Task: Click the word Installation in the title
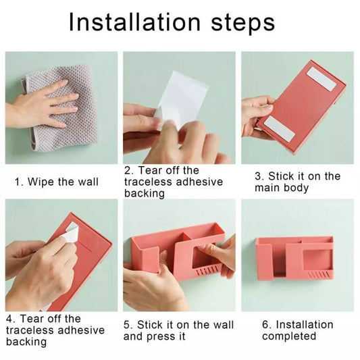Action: (x=135, y=22)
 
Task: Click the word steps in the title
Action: (x=243, y=24)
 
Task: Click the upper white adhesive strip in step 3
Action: (x=322, y=79)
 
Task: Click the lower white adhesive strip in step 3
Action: (x=279, y=128)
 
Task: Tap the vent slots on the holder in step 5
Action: (x=207, y=270)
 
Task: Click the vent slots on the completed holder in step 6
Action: (x=319, y=274)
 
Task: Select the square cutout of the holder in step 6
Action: (x=317, y=259)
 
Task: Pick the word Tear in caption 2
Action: (x=150, y=170)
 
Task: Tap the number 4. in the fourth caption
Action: (x=11, y=319)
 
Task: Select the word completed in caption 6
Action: (x=289, y=336)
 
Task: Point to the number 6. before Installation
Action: (x=267, y=325)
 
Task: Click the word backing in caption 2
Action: (x=145, y=193)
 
